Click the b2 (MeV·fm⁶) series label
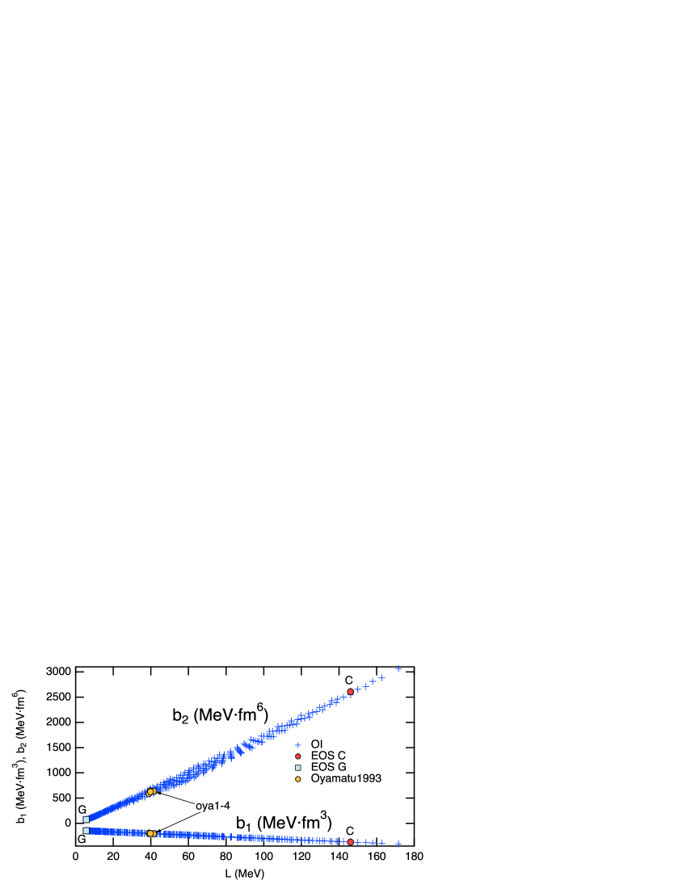coord(220,714)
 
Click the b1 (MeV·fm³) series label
coord(284,822)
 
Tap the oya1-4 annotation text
coord(213,806)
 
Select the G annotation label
coord(82,809)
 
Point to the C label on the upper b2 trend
coord(348,680)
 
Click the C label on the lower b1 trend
coord(350,831)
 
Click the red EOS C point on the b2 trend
coord(350,692)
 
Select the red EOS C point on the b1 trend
coord(350,842)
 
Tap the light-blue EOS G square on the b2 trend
coord(86,819)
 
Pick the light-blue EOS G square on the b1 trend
coord(86,830)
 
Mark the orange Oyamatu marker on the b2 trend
coord(150,792)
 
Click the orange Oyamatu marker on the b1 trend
coord(150,833)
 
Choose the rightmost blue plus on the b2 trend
coord(398,668)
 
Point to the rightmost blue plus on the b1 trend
coord(398,844)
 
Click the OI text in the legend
coord(317,744)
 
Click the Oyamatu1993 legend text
coord(346,778)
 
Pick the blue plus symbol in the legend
coord(297,744)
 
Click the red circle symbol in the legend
coord(297,756)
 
